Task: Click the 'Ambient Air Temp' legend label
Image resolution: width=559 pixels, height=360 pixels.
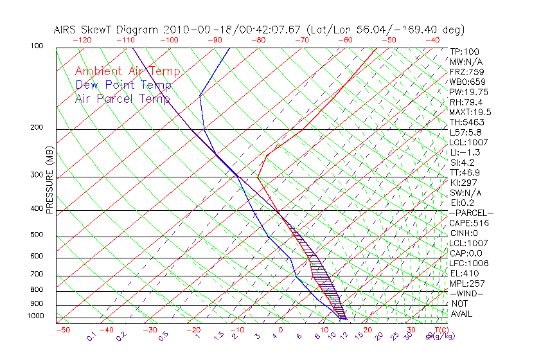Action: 127,71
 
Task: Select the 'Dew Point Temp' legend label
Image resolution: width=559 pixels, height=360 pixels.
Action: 123,85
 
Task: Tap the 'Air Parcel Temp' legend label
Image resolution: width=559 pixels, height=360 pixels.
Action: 123,98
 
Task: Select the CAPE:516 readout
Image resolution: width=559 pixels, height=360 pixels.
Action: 468,223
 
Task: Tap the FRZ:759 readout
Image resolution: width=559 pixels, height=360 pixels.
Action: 466,72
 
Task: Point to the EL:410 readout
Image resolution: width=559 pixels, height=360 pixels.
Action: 464,273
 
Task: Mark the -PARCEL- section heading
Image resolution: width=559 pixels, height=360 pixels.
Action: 471,213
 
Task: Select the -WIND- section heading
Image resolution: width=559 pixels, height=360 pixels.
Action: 466,293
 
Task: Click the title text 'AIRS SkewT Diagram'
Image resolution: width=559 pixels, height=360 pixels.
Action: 107,30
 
